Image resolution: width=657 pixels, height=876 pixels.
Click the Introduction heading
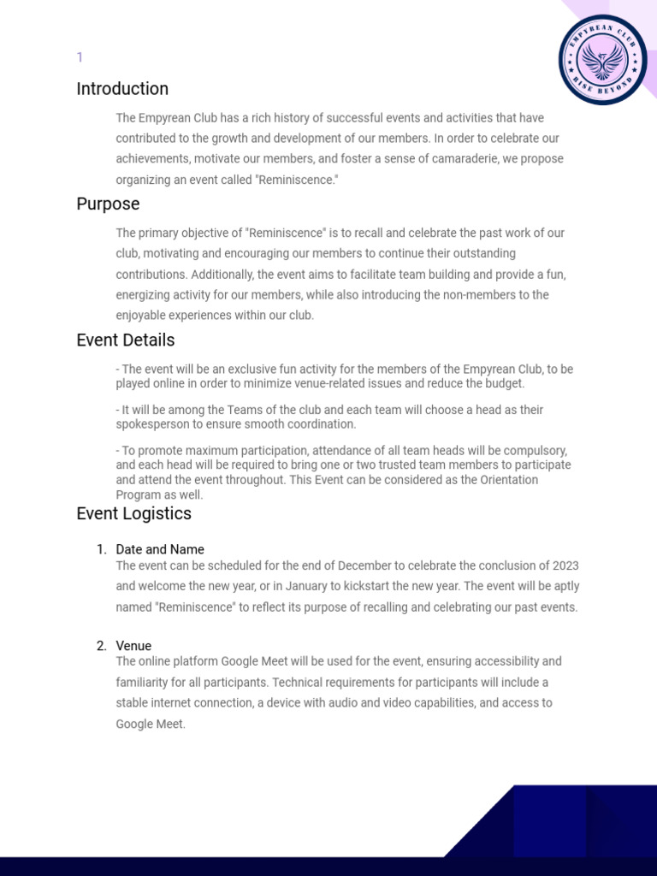[x=122, y=89]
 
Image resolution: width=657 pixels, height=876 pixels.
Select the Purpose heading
[x=108, y=204]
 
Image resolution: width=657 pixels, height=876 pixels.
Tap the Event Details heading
[x=126, y=340]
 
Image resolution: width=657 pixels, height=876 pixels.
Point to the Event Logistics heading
[x=133, y=514]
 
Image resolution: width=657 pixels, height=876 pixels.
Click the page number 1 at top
[x=80, y=57]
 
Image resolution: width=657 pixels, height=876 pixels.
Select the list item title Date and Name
[x=160, y=549]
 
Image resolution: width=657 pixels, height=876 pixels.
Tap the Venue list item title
[x=133, y=646]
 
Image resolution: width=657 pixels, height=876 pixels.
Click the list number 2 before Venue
[x=101, y=646]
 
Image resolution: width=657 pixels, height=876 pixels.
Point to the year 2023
[x=565, y=566]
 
